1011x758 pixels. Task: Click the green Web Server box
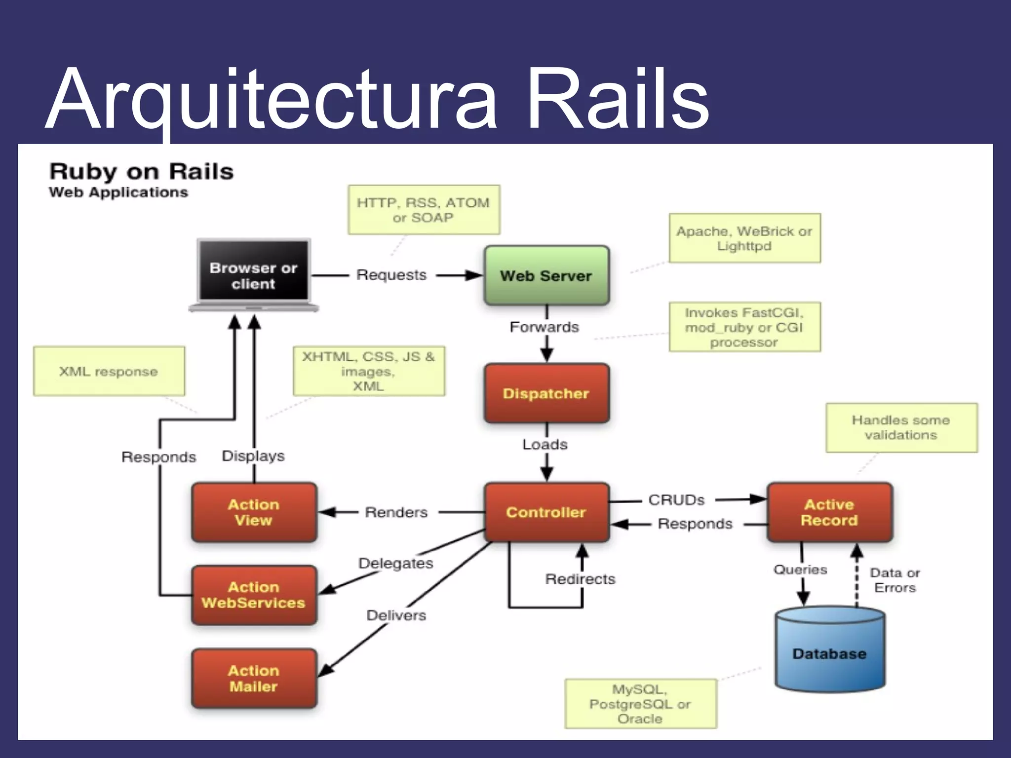coord(546,275)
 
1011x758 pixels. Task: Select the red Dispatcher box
coord(546,393)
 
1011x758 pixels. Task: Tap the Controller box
coord(546,512)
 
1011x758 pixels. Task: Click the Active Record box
coord(829,512)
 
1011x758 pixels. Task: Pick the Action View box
coord(254,512)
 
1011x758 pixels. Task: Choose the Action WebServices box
coord(254,595)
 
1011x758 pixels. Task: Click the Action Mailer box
coord(254,679)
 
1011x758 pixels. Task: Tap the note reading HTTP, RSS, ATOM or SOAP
coord(424,210)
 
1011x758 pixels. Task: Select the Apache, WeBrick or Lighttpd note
coord(744,238)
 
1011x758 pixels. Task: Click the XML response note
coord(109,371)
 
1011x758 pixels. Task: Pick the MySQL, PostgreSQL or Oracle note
coord(640,704)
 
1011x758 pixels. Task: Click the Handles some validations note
coord(901,427)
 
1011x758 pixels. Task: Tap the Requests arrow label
coord(391,275)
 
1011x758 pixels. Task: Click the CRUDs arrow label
coord(676,500)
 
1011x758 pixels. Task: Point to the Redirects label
coord(580,579)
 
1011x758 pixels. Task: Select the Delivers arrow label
coord(396,615)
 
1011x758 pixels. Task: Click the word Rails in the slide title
coord(617,99)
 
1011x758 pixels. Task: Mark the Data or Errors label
coord(894,580)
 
